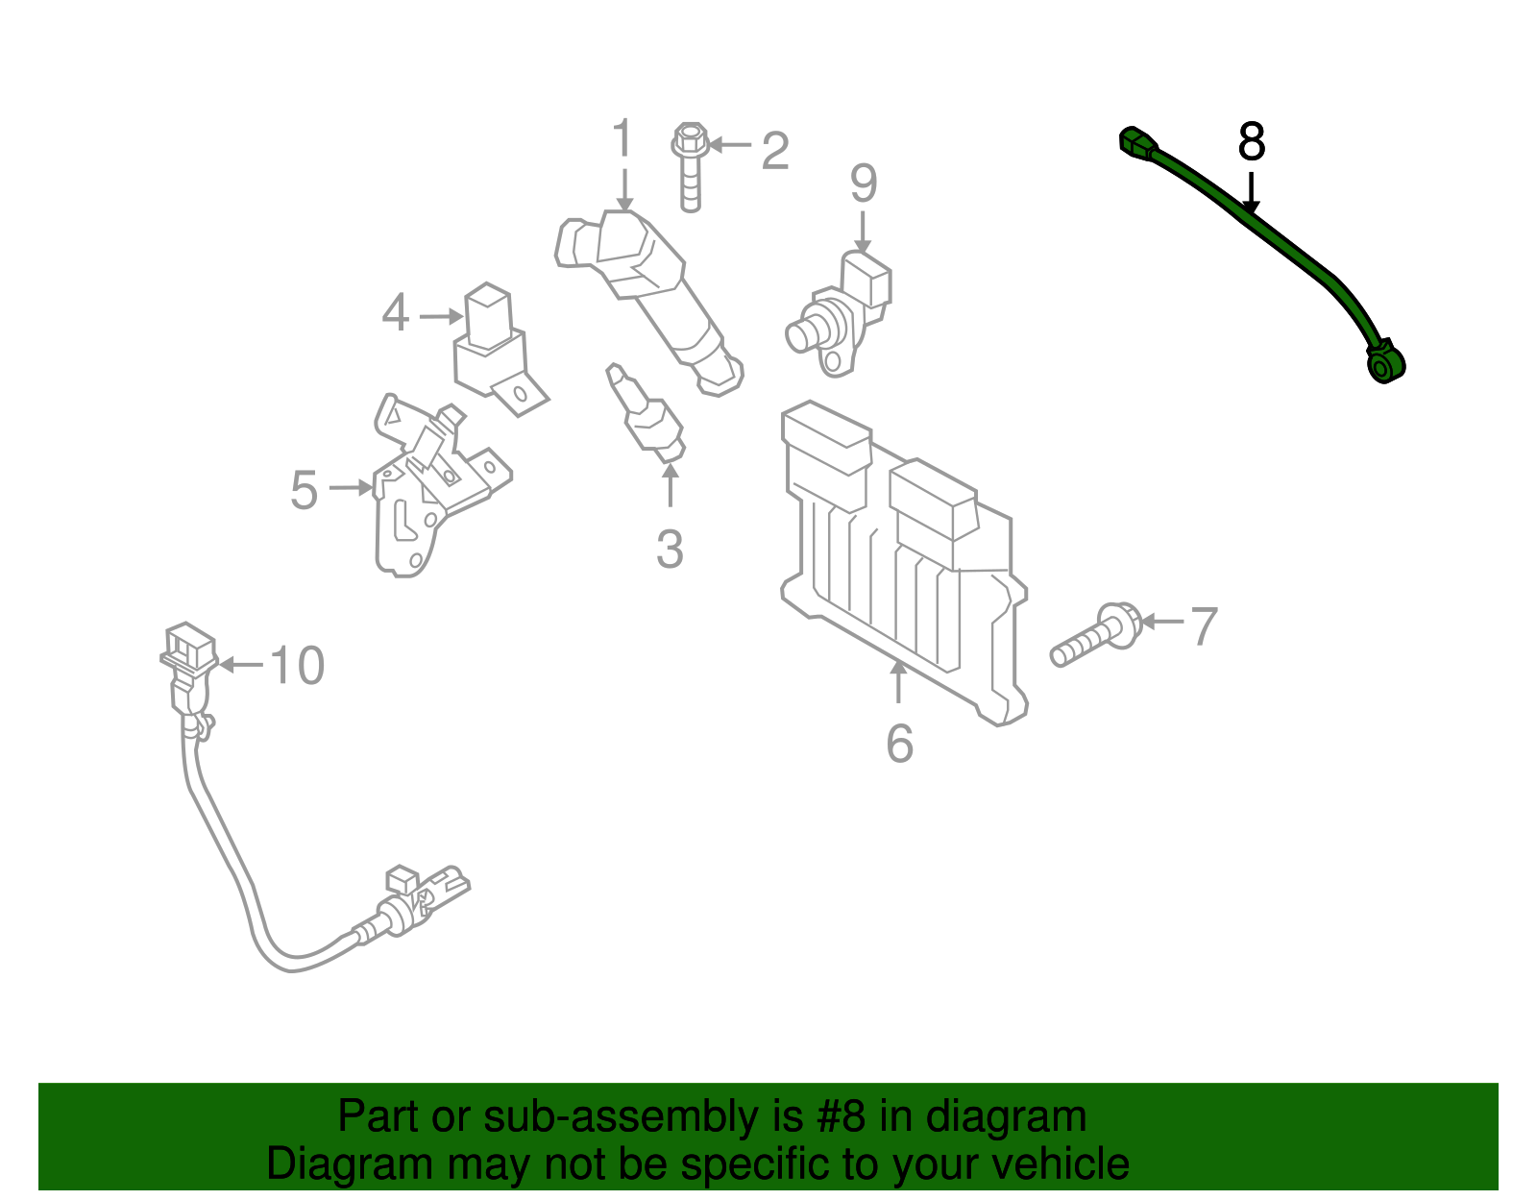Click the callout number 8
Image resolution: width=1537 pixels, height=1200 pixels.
(x=1252, y=141)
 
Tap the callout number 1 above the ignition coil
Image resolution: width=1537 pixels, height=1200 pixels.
(x=623, y=139)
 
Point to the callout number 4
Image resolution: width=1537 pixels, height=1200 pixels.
(x=396, y=313)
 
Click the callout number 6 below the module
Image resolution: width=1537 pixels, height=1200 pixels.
(x=899, y=743)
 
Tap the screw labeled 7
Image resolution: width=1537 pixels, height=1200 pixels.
(x=1095, y=636)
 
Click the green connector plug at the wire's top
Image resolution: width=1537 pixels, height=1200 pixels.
(x=1136, y=144)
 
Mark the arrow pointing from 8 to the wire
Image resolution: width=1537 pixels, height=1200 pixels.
(x=1250, y=192)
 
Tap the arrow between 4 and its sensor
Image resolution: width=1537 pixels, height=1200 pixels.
(x=441, y=315)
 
